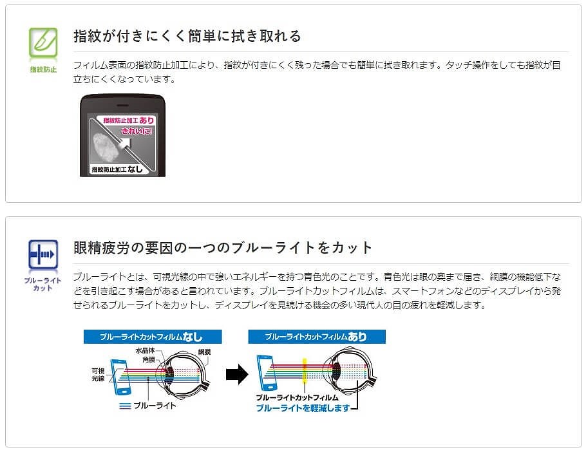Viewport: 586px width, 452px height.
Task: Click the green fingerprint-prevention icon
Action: tap(43, 42)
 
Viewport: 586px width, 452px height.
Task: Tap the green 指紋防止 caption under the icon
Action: tap(43, 69)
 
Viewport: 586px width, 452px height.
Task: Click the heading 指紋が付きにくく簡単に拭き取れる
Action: tap(187, 36)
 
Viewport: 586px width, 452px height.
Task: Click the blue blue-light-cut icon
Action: tap(43, 255)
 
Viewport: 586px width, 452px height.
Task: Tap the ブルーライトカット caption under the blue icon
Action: tap(43, 285)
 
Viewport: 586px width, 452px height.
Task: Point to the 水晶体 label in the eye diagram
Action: tap(146, 351)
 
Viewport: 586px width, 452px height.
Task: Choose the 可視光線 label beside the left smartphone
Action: tap(98, 375)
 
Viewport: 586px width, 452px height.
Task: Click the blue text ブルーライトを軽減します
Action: tap(303, 408)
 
